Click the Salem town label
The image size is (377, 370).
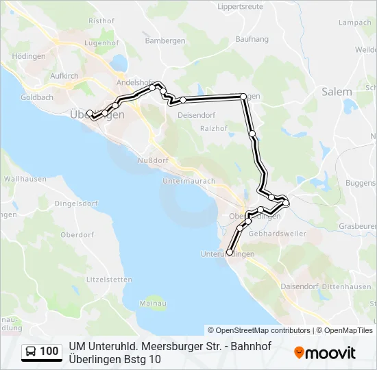[337, 92]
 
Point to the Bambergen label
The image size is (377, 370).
[165, 41]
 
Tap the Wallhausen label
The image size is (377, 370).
[25, 179]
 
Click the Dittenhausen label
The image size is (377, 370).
[347, 286]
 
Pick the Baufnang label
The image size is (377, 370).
[252, 40]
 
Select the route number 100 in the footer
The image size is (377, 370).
[49, 351]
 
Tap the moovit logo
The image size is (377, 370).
[325, 352]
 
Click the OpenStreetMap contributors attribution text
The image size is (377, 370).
[259, 330]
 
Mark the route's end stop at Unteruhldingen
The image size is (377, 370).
[229, 253]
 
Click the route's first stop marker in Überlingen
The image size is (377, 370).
[89, 113]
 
